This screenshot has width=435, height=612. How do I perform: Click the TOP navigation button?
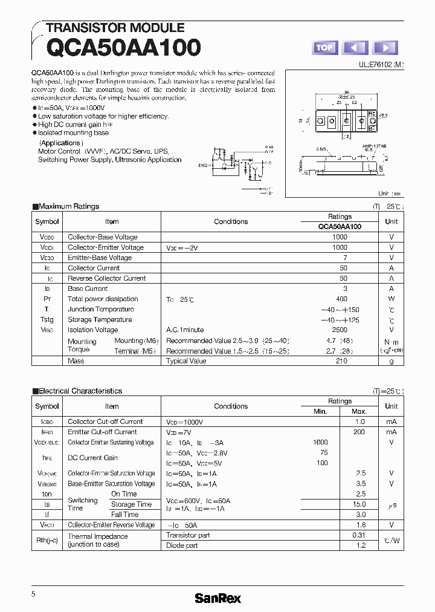(325, 48)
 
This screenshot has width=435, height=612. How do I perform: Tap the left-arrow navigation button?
(355, 48)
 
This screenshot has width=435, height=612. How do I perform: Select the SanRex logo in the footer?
(217, 598)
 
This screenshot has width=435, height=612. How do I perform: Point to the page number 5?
(34, 594)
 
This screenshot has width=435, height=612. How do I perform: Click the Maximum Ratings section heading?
(68, 206)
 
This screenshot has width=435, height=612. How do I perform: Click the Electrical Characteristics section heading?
(80, 391)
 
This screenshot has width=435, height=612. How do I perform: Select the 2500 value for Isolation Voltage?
(340, 330)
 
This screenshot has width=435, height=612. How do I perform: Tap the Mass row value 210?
(341, 361)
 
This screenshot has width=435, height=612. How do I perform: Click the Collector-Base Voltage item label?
(103, 237)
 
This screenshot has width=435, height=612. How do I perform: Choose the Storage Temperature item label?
(100, 319)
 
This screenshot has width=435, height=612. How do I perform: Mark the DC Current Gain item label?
(92, 458)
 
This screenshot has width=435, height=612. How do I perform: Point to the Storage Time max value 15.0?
(359, 504)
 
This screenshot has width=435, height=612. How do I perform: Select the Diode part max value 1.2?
(360, 545)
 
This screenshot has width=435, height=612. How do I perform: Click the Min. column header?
(320, 411)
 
